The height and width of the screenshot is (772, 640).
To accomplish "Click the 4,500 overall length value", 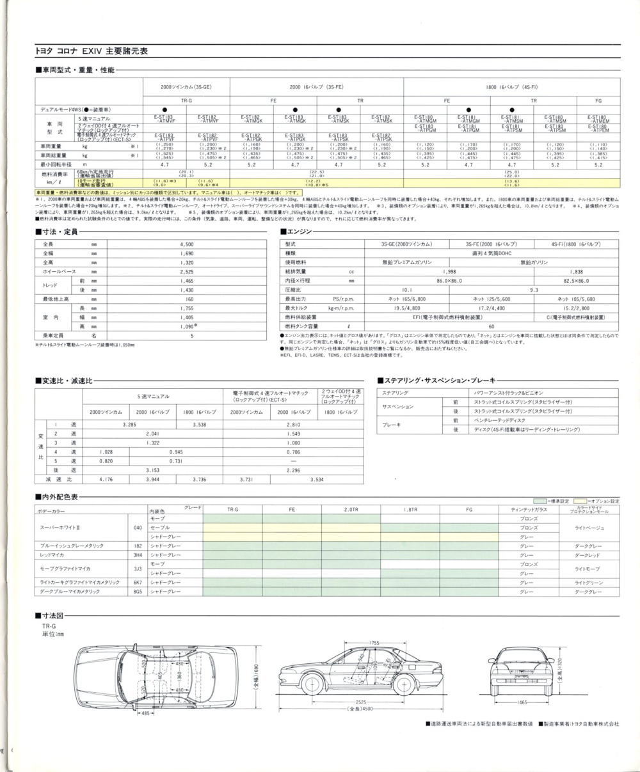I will (x=187, y=244).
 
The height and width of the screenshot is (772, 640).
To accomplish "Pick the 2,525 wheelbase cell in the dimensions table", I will (x=187, y=271).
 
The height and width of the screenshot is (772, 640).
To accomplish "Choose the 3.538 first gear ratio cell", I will (x=198, y=424).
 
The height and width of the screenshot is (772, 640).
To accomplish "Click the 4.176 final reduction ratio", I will (x=106, y=478).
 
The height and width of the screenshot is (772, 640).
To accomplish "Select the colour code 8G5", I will (x=138, y=592).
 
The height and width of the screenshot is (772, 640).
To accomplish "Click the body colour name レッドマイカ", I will (x=52, y=555).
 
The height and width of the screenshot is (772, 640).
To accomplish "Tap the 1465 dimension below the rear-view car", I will (x=522, y=702).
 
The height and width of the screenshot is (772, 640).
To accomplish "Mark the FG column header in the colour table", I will (x=470, y=509).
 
